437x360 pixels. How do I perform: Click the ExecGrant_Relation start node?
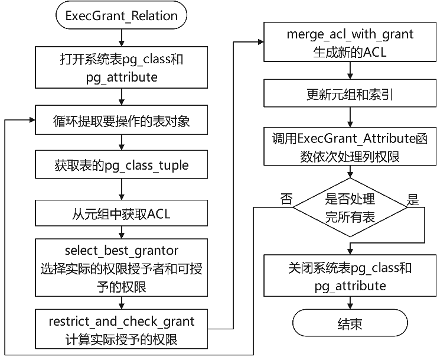click(121, 15)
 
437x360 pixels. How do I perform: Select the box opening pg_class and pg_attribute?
click(121, 68)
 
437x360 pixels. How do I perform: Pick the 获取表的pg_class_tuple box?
click(121, 165)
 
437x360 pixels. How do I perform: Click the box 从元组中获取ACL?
click(121, 214)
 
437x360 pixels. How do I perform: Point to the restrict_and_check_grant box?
click(121, 330)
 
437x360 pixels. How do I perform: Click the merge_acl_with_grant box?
click(350, 43)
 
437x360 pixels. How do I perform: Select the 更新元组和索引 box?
click(350, 95)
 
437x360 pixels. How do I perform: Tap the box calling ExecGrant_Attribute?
click(350, 147)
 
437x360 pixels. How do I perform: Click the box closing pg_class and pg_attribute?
click(350, 277)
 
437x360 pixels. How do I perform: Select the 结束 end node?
click(350, 324)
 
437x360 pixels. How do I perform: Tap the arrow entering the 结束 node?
click(350, 304)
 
